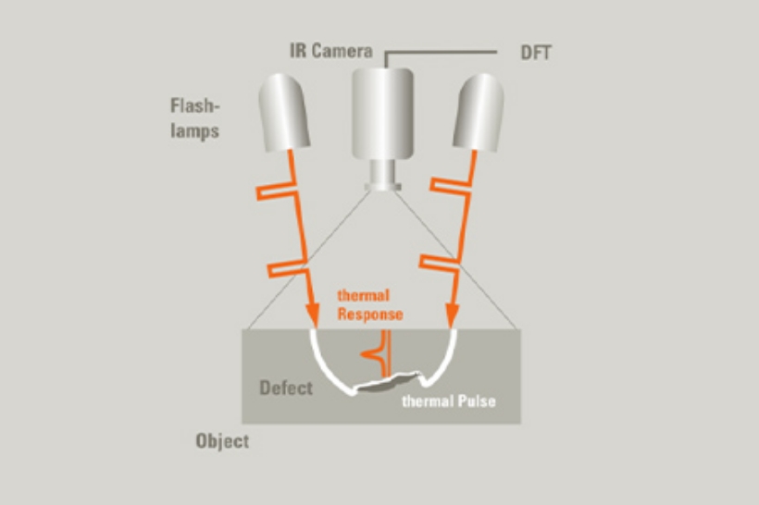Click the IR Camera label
pyautogui.click(x=330, y=51)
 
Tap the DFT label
pyautogui.click(x=534, y=52)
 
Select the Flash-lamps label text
pyautogui.click(x=194, y=117)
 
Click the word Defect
pyautogui.click(x=285, y=388)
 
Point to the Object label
pyautogui.click(x=222, y=440)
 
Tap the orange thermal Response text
pyautogui.click(x=370, y=306)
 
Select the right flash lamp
pyautogui.click(x=479, y=111)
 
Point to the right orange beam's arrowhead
pyautogui.click(x=453, y=316)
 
